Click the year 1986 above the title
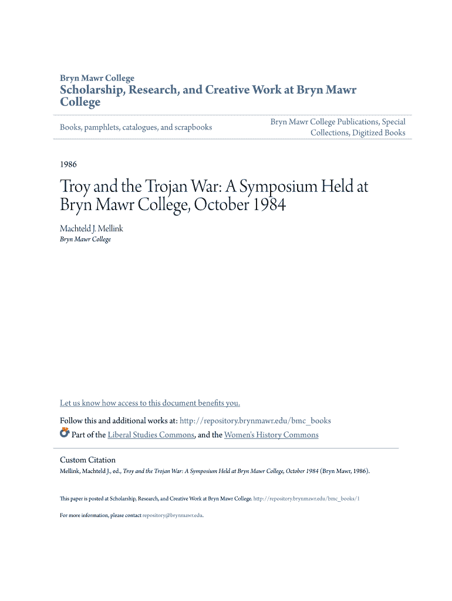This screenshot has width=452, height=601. click(x=68, y=164)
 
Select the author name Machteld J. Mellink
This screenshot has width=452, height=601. click(x=92, y=228)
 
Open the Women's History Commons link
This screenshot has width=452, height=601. click(x=271, y=435)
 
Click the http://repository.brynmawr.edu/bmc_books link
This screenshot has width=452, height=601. click(x=255, y=421)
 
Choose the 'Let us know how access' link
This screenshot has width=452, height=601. click(x=150, y=403)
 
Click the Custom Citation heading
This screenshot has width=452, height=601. click(x=87, y=460)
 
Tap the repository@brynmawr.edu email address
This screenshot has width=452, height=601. click(x=173, y=515)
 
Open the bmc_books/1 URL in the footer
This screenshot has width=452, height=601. click(x=306, y=498)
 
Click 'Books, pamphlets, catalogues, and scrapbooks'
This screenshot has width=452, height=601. click(x=136, y=127)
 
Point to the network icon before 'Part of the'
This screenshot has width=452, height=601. click(x=65, y=434)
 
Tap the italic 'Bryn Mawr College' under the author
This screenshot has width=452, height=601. click(x=85, y=239)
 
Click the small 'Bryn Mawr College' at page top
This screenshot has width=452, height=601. click(x=97, y=78)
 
